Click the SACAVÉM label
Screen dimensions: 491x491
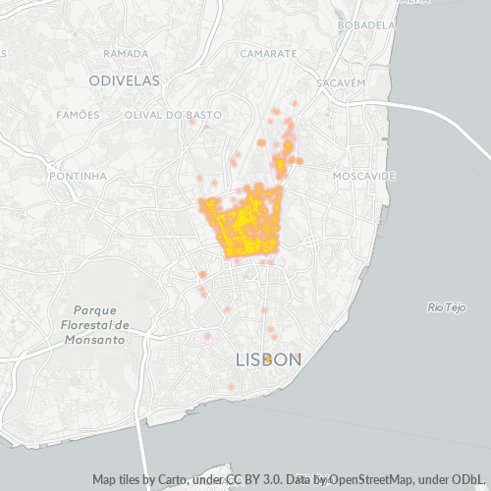coord(342,84)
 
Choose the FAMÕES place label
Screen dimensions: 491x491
coord(79,115)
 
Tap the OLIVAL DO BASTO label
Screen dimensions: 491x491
coord(163,115)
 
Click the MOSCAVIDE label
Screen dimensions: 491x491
coord(363,176)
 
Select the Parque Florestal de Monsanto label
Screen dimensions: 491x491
coord(94,324)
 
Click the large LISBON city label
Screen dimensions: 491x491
coord(268,360)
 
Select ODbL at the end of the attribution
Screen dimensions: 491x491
coord(463,480)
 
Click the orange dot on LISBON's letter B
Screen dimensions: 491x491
coord(268,359)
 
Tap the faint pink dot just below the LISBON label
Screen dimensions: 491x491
coord(232,387)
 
